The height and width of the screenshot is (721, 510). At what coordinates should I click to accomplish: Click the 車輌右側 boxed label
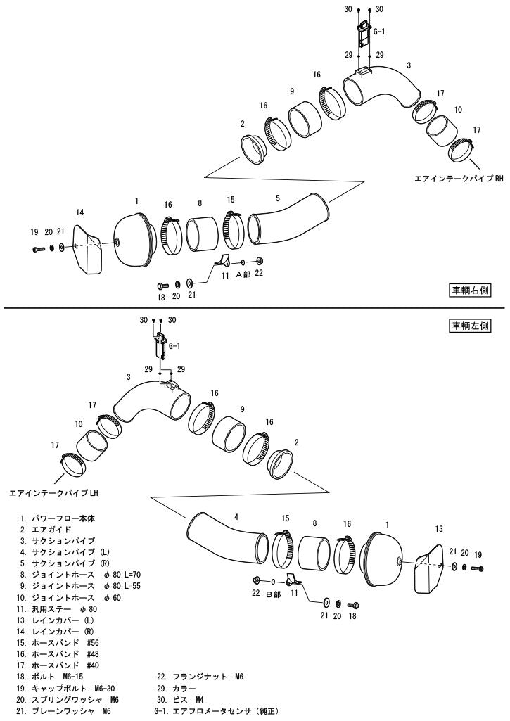tap(470, 290)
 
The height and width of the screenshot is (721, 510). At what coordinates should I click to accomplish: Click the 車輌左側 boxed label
tap(470, 326)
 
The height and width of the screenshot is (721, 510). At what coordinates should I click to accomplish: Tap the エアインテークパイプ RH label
tap(459, 179)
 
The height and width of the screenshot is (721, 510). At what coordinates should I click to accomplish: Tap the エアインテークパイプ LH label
tap(54, 493)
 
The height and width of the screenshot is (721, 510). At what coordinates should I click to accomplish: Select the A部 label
tap(243, 274)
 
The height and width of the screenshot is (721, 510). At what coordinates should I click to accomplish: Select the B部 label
tap(273, 594)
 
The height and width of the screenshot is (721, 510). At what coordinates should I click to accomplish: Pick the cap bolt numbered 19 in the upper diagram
tap(39, 249)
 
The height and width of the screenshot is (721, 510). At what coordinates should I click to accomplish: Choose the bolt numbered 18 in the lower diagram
tap(353, 604)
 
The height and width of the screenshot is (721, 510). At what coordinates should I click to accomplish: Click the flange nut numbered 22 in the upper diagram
tap(259, 261)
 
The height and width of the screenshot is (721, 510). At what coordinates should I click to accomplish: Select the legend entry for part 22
tap(200, 677)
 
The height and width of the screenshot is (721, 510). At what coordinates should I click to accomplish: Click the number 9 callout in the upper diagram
tap(291, 91)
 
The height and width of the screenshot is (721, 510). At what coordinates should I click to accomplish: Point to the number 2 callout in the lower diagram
tap(296, 442)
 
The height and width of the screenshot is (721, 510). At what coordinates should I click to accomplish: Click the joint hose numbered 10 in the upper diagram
tap(440, 131)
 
